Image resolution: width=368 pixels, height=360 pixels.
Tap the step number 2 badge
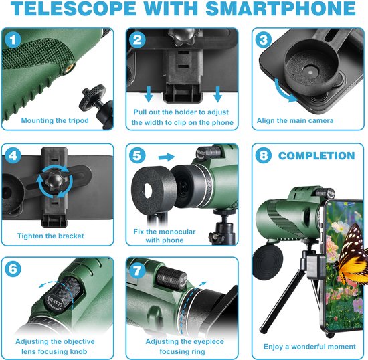click(139, 39)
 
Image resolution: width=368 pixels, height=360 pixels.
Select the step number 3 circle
click(263, 39)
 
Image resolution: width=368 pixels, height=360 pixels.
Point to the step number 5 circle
click(139, 155)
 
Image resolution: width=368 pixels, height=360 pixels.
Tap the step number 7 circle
click(139, 270)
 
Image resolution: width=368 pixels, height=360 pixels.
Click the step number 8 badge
click(263, 155)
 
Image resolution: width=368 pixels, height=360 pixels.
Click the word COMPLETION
click(316, 155)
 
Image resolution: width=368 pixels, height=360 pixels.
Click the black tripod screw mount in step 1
click(88, 99)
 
